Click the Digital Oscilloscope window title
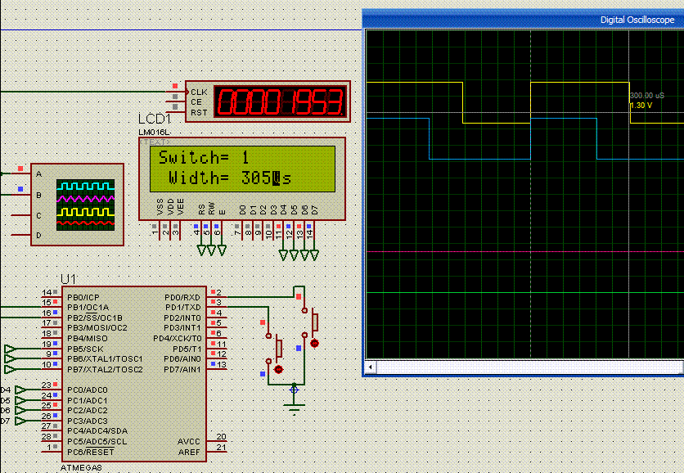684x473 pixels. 637,20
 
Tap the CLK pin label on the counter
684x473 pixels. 199,92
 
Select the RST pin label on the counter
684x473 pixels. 199,112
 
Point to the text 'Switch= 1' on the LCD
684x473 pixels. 204,157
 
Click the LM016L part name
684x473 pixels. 154,132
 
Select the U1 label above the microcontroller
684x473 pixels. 70,278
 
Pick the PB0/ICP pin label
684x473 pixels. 83,297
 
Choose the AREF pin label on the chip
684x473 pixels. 188,452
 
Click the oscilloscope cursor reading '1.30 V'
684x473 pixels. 640,106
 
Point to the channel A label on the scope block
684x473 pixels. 38,173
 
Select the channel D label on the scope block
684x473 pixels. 38,236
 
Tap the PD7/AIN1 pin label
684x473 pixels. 182,369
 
